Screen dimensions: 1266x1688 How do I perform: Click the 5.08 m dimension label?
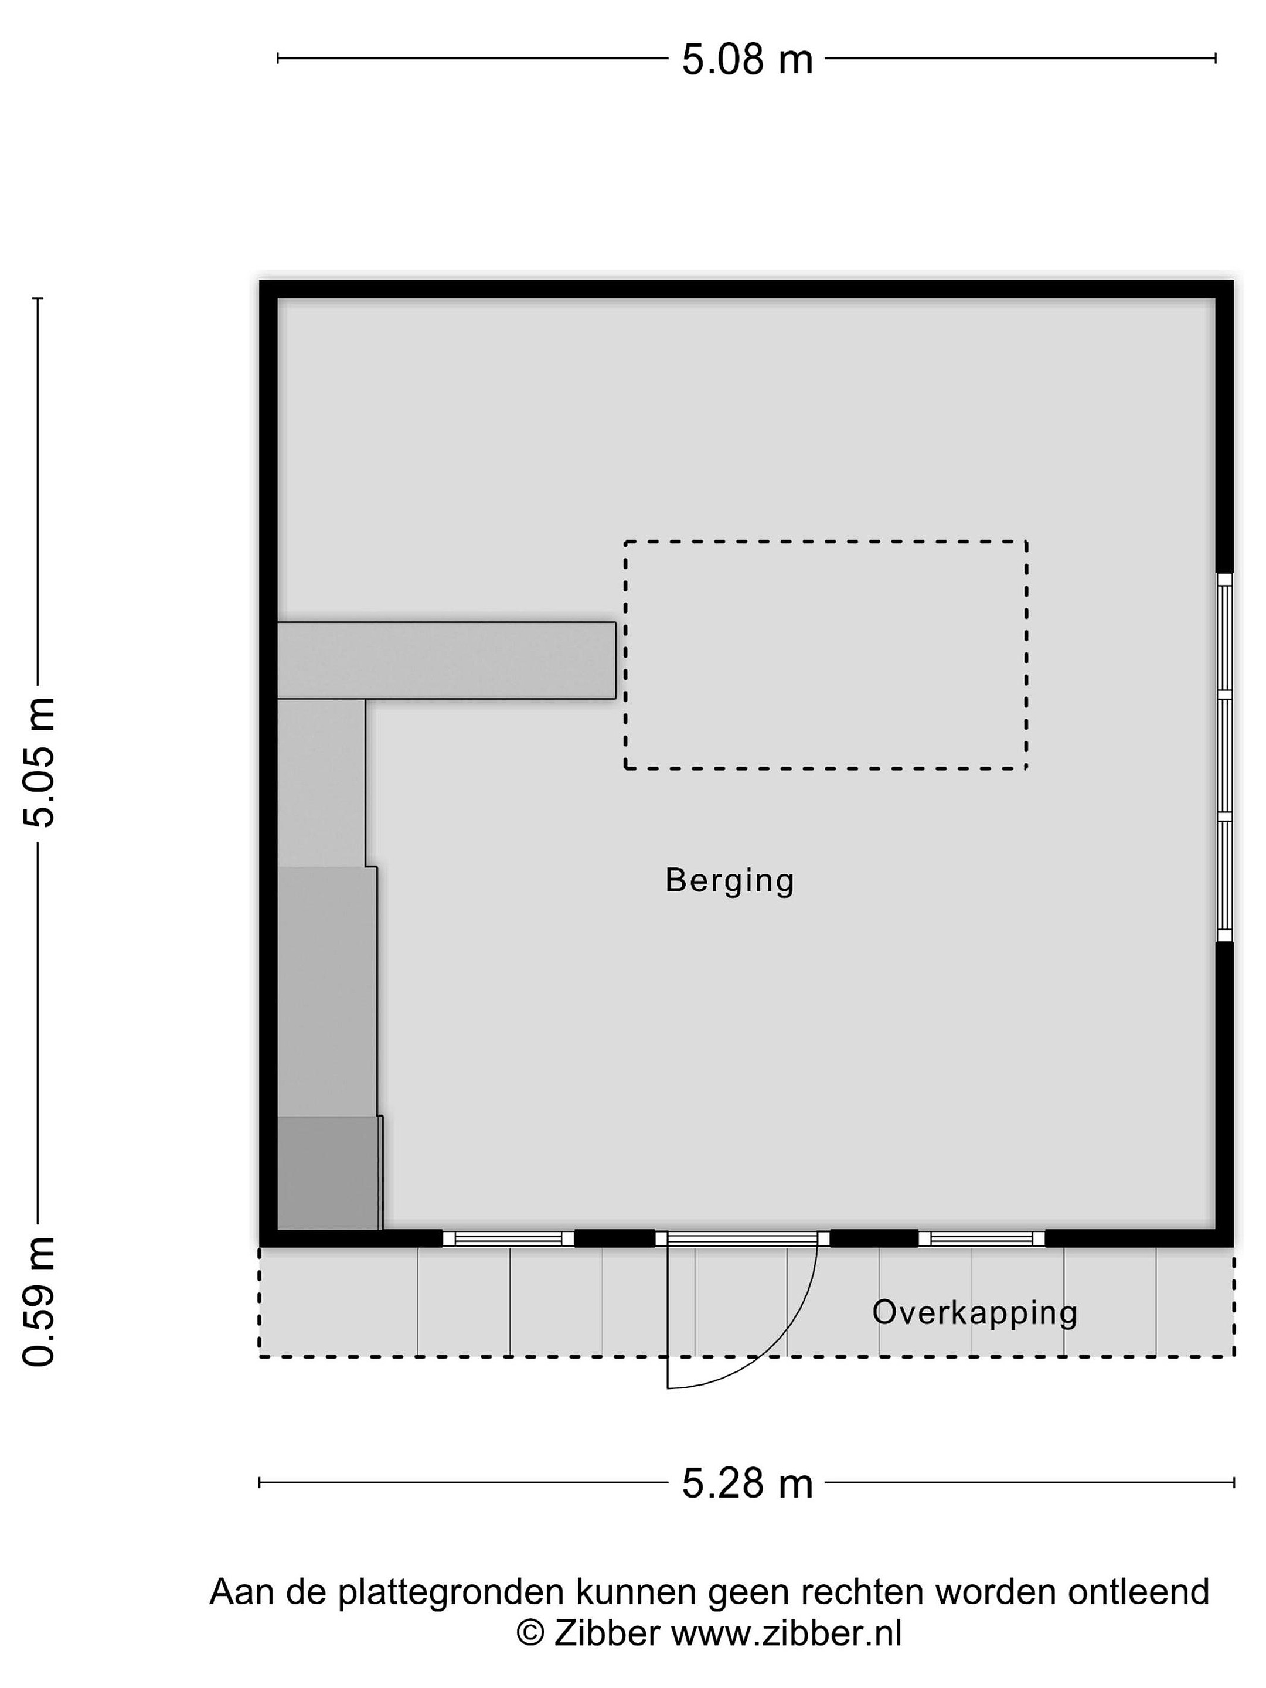click(x=747, y=60)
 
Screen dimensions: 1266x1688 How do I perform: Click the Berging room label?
click(x=730, y=882)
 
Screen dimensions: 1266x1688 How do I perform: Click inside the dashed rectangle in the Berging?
click(x=826, y=655)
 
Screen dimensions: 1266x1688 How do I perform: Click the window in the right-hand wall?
click(x=1224, y=758)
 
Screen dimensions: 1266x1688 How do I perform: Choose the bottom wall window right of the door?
click(x=981, y=1238)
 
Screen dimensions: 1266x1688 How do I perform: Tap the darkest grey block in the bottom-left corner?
click(x=329, y=1173)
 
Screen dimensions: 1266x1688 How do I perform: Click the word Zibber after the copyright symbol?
click(x=607, y=1633)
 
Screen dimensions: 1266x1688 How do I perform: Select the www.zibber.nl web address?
click(x=786, y=1633)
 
